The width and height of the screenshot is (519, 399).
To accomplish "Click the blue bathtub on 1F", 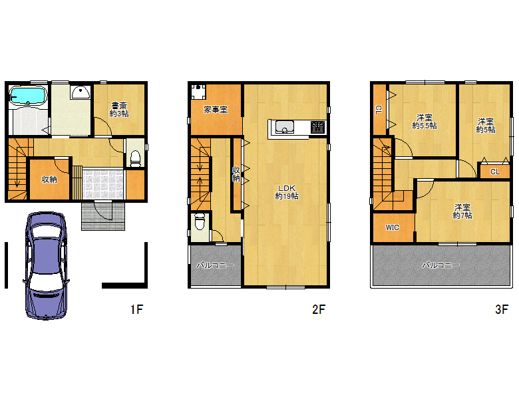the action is [x=27, y=95].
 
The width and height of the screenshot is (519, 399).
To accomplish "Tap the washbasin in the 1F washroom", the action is [x=81, y=92].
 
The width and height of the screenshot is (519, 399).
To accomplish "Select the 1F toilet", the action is [x=136, y=158].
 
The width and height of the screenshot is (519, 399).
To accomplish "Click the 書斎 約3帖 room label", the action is [x=119, y=110].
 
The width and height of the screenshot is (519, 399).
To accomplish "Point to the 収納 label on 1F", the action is [x=49, y=179].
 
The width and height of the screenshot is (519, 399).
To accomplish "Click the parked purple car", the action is [x=46, y=266].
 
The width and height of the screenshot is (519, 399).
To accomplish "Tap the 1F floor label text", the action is [x=136, y=309].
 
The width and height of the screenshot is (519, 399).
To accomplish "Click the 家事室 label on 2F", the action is [x=216, y=110].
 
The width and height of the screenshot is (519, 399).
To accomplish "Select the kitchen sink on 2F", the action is [x=285, y=127].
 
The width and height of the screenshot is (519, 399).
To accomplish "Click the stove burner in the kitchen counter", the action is [x=318, y=128].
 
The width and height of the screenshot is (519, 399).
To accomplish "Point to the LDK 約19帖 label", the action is [x=287, y=192].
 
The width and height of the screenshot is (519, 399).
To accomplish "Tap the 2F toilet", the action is [x=200, y=221].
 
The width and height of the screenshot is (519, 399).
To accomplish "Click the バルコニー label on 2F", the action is [x=215, y=265].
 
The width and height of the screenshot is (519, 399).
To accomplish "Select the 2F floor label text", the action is [x=319, y=309].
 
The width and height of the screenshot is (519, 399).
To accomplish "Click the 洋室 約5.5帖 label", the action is [x=425, y=122].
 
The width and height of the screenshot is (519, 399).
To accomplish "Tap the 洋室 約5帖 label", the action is [x=486, y=126].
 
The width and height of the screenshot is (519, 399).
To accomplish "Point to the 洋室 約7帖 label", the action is [x=462, y=211].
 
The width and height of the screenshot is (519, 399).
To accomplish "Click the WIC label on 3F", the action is [x=392, y=227].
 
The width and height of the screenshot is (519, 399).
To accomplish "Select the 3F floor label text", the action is [x=502, y=309].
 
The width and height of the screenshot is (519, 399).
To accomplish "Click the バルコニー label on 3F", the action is [x=440, y=265].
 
